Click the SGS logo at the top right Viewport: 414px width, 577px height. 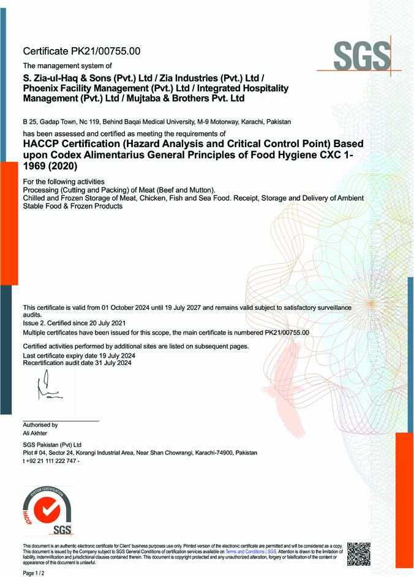click(362, 57)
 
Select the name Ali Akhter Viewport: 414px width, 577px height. click(35, 433)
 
